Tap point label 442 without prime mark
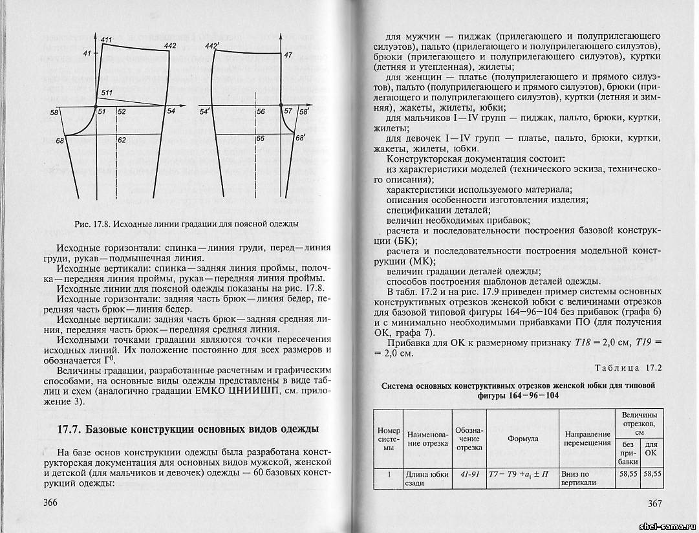(170, 46)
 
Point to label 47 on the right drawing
(288, 56)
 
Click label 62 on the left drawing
(122, 139)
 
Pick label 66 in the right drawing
(261, 138)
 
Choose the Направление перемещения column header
(587, 438)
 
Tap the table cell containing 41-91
(469, 474)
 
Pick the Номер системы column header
(389, 438)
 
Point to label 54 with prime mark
(206, 112)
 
